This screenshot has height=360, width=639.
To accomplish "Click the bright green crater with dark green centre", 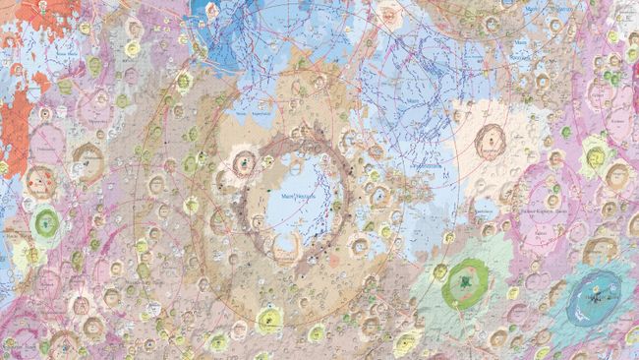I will (x=460, y=283).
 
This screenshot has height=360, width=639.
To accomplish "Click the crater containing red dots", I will (x=40, y=181).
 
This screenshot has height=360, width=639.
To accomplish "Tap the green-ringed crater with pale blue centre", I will (x=45, y=220).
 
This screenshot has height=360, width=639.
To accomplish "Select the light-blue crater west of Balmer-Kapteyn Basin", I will (x=485, y=210).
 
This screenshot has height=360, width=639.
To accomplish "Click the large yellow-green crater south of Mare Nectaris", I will (x=267, y=318).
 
